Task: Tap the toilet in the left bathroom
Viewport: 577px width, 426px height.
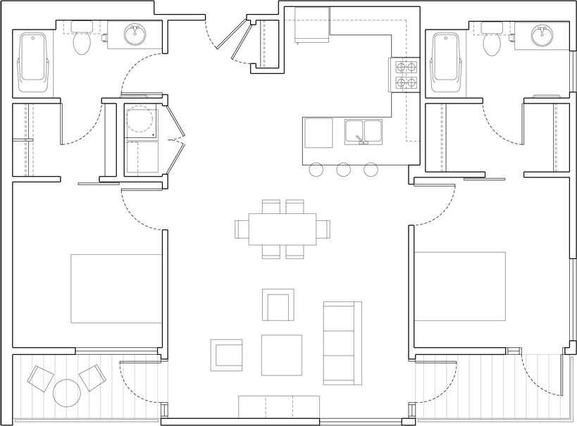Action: tap(82, 43)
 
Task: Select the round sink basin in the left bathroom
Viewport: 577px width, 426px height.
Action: tap(135, 33)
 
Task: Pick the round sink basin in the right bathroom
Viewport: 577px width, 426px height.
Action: tap(542, 35)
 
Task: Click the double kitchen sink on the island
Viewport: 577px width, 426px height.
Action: tap(364, 132)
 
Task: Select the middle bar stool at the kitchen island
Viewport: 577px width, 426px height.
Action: tap(344, 170)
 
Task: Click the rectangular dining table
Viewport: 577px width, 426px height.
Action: tap(283, 230)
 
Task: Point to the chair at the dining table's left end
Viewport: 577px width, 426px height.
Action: tap(242, 230)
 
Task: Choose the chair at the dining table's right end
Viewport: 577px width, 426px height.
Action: tap(323, 230)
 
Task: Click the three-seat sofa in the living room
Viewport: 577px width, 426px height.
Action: tap(342, 343)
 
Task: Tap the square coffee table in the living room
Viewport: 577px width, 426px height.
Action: tap(281, 355)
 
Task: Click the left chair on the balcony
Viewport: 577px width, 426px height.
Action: tap(40, 379)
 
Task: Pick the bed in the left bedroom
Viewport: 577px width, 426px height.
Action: tap(116, 289)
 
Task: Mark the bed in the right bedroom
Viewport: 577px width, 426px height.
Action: tap(459, 286)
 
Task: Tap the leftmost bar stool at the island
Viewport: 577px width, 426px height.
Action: tap(316, 170)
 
